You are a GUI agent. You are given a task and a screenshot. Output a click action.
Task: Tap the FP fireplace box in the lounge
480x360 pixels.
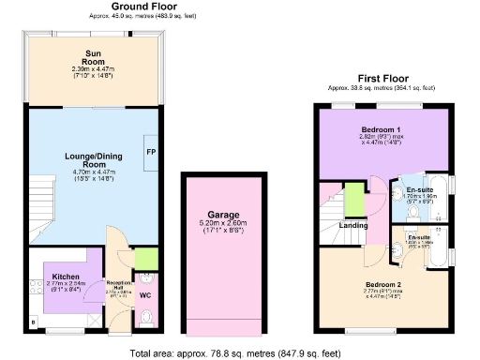[x=149, y=152]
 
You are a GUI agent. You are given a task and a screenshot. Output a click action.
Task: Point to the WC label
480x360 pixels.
[x=145, y=296]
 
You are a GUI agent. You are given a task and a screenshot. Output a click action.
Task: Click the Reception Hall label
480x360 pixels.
[x=118, y=284]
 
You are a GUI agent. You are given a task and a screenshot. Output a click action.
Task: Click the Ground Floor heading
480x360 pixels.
[x=94, y=6]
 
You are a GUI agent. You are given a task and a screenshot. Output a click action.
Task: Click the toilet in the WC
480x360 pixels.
[x=144, y=321]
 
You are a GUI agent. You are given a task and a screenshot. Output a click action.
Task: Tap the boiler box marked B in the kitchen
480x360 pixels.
[x=34, y=323]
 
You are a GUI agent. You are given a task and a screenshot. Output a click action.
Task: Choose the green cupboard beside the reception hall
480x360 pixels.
[x=145, y=258]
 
